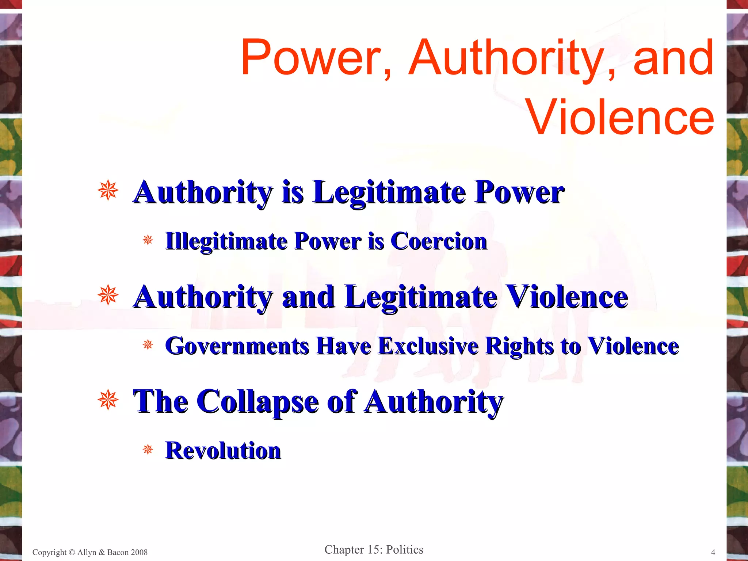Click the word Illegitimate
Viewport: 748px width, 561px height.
tap(226, 241)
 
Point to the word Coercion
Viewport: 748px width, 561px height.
tap(439, 241)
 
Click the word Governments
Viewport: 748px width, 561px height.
tap(237, 346)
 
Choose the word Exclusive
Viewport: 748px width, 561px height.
tap(428, 346)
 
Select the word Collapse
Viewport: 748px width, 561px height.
tap(260, 402)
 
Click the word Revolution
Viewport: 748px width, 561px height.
tap(223, 451)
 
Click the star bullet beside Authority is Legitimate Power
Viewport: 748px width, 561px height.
tap(108, 191)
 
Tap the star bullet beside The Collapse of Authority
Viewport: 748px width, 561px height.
tap(108, 400)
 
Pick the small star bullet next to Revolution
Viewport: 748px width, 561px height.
tap(148, 449)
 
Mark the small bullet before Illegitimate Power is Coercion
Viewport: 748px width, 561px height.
tap(148, 240)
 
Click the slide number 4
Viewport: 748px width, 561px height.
tap(713, 552)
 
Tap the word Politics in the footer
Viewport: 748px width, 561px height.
tap(405, 550)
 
